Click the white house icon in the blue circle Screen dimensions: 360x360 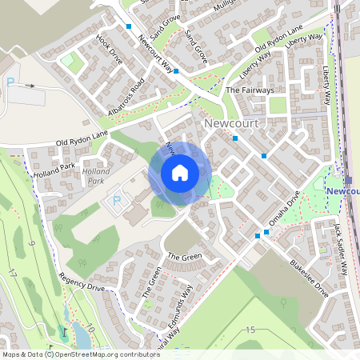click(180, 172)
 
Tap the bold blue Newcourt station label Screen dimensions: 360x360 click(342, 192)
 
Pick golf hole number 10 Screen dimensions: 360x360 click(90, 328)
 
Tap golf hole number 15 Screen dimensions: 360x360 click(250, 330)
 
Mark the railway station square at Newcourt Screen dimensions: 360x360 click(349, 179)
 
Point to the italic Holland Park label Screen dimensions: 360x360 click(96, 176)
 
